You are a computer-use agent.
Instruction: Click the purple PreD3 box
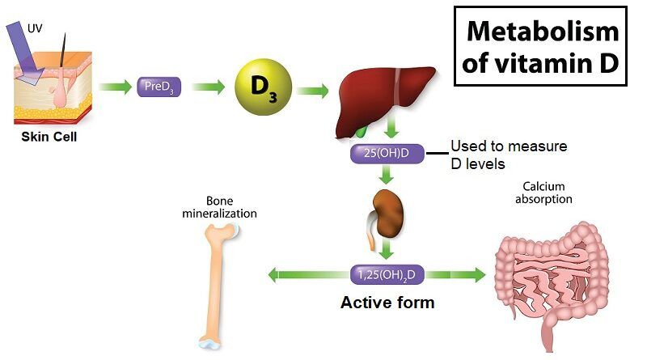click(159, 87)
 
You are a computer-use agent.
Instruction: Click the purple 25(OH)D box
click(387, 152)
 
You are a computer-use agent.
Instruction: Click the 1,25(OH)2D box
click(387, 274)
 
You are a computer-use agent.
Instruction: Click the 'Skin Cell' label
click(49, 136)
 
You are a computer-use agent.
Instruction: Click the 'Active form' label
click(387, 303)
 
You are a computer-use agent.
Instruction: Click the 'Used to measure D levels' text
click(507, 155)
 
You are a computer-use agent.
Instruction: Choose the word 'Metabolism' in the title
click(543, 32)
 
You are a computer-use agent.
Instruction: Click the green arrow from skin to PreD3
click(114, 87)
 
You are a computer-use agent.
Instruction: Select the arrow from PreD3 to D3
click(209, 87)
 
